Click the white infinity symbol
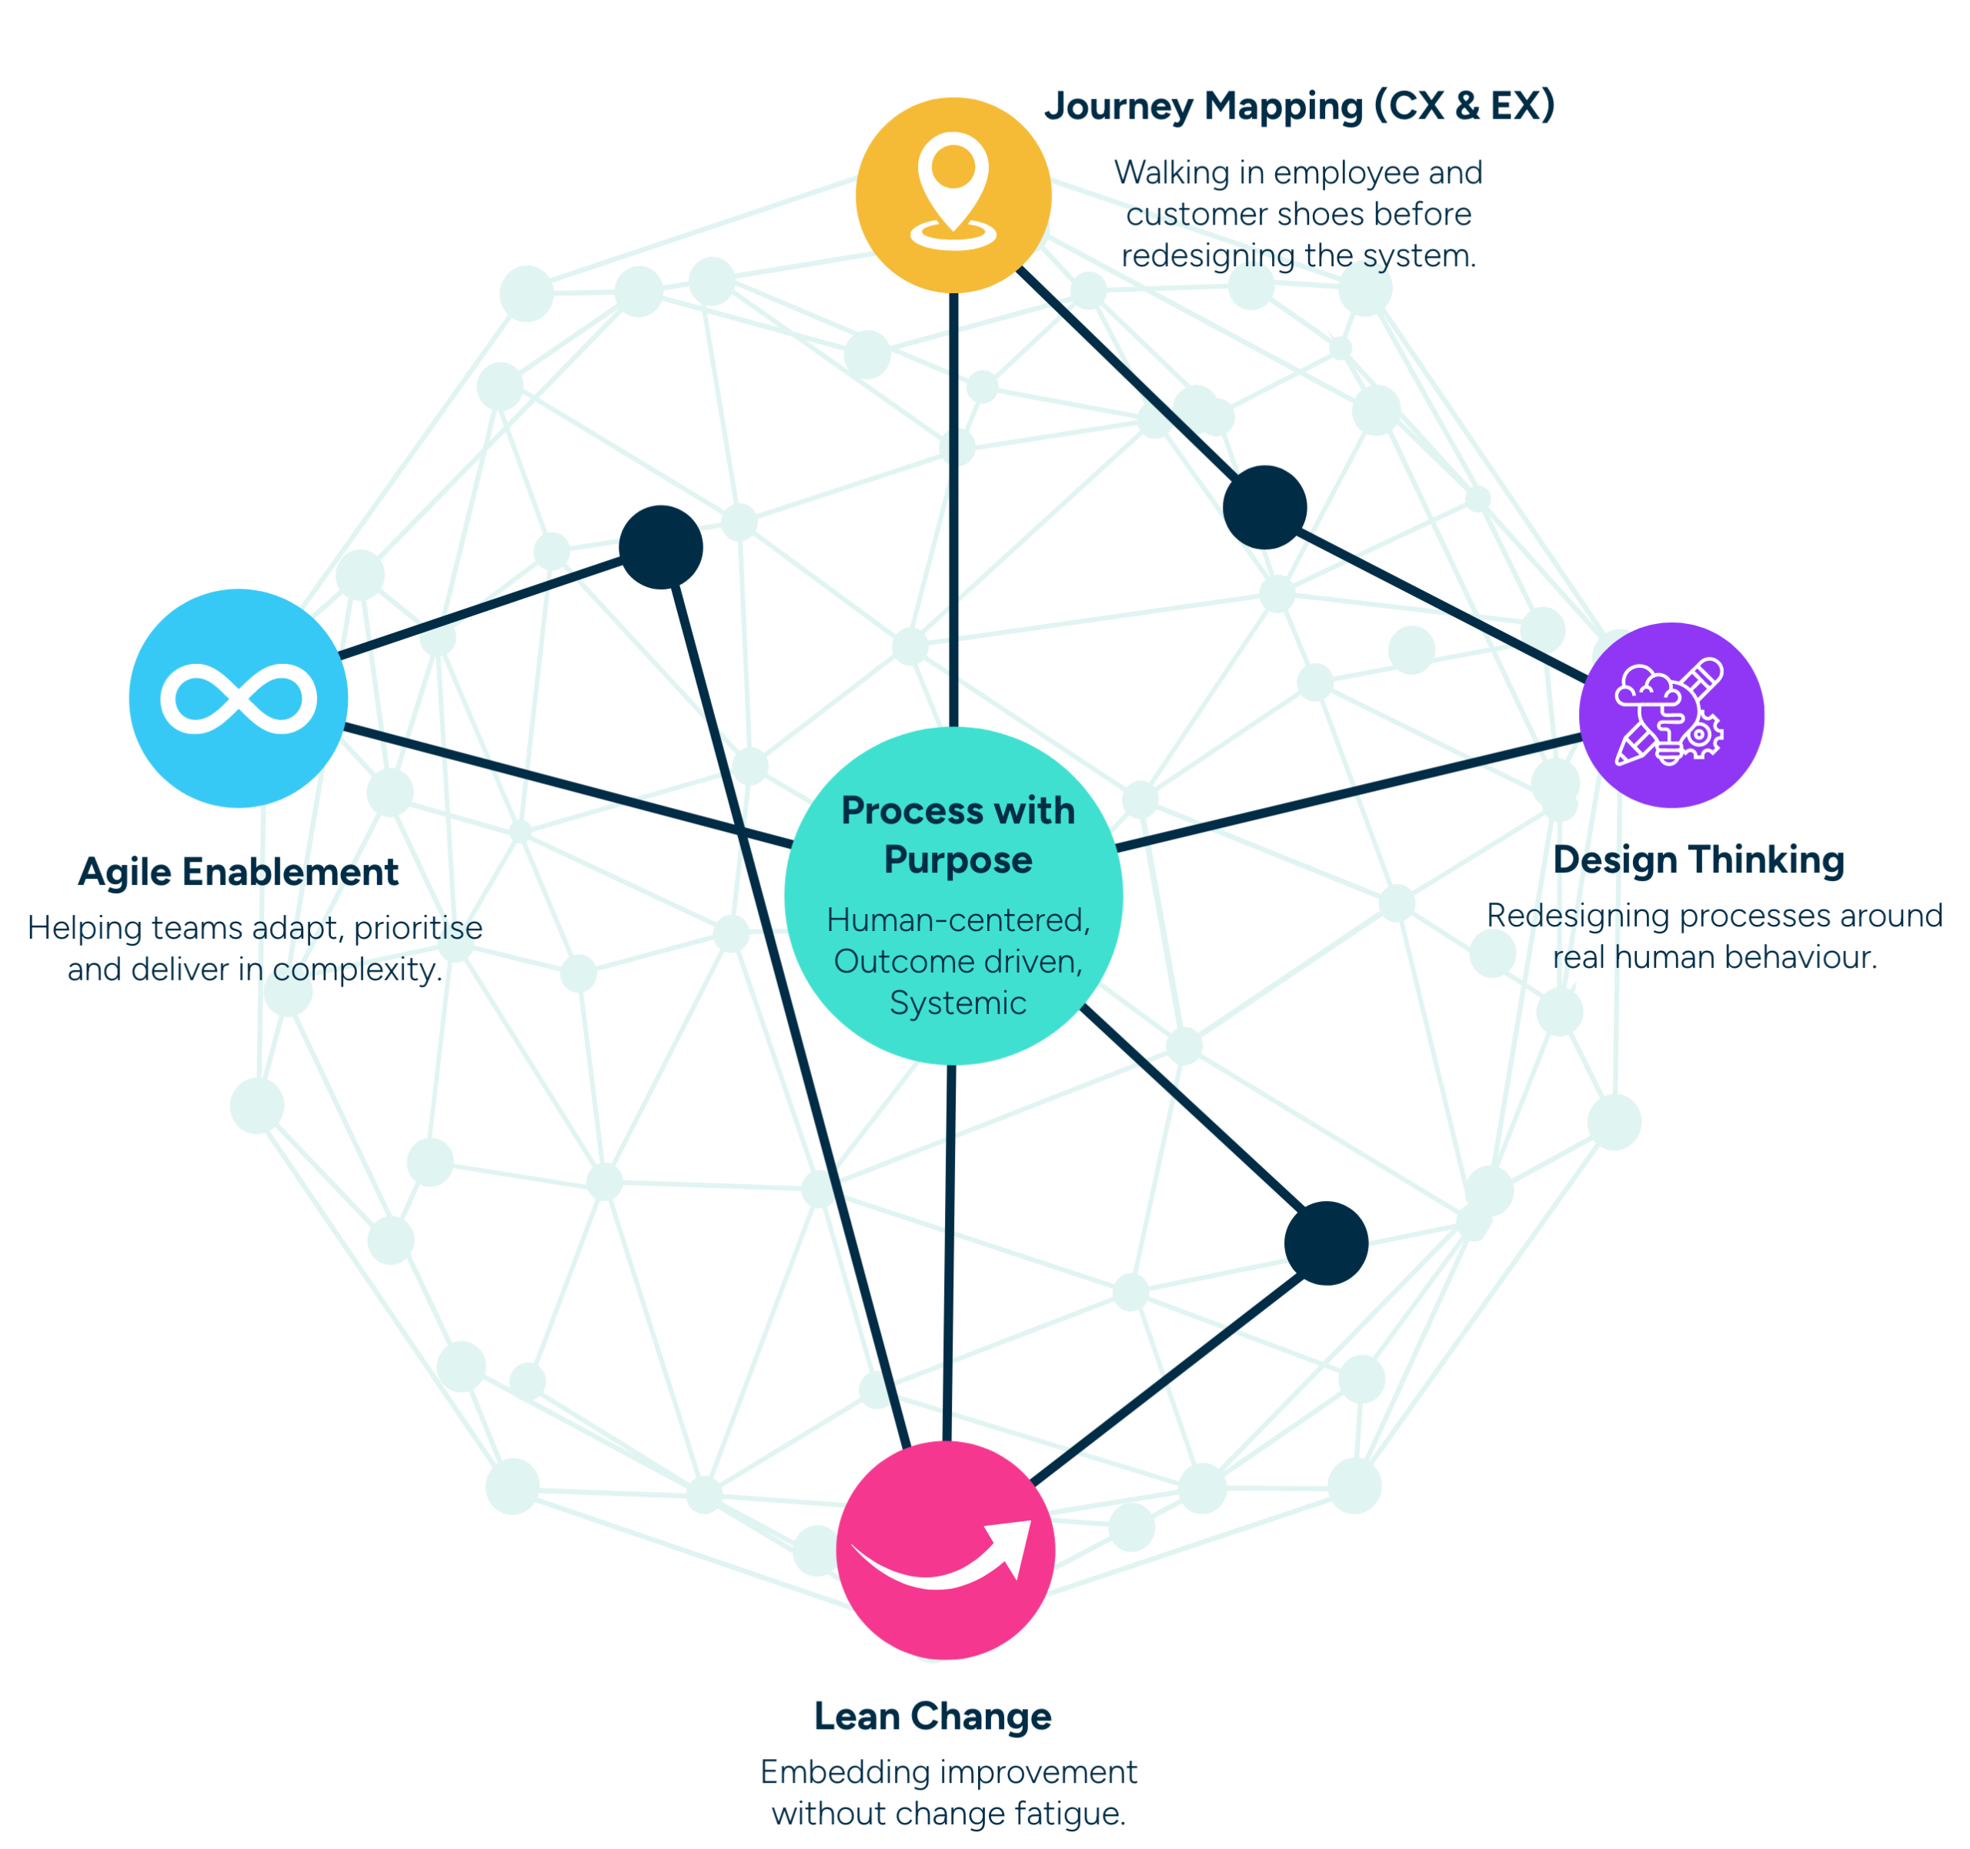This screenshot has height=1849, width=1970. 239,699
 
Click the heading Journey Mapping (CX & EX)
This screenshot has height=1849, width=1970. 1299,106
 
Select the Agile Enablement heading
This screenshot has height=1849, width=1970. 238,872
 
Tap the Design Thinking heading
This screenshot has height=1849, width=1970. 1698,860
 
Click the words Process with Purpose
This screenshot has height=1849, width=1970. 957,834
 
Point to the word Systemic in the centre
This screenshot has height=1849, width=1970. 957,1003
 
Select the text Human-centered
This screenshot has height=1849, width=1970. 957,919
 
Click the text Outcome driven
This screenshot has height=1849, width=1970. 957,961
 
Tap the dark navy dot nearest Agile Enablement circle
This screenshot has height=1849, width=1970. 661,548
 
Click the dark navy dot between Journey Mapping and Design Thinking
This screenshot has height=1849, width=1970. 1265,506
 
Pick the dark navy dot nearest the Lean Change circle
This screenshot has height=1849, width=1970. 1326,1243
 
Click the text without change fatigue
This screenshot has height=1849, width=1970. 948,1814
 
